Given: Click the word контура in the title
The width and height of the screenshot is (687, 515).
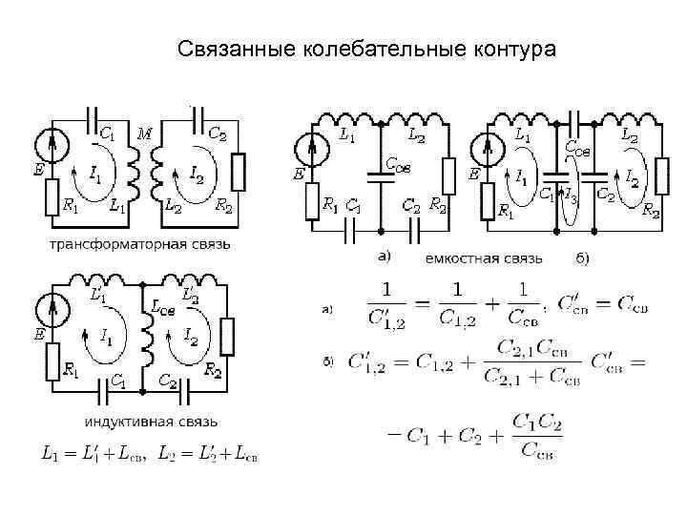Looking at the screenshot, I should click(x=511, y=48).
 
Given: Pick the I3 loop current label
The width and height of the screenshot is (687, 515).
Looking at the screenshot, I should click(x=571, y=196).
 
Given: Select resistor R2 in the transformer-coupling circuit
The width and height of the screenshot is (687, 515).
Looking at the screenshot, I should click(x=239, y=171).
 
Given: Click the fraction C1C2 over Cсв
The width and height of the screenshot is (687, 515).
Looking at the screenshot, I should click(x=536, y=434).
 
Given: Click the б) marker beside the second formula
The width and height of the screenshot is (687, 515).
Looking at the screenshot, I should click(x=327, y=360).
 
